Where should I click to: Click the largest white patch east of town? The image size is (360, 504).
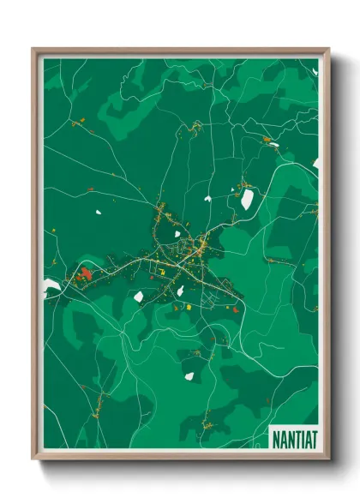point(247,200)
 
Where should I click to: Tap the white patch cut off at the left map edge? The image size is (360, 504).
point(50,285)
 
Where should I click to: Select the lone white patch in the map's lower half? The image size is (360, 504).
point(189,375)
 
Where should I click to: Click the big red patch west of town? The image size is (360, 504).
point(85,274)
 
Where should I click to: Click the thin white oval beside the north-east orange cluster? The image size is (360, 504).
point(273,146)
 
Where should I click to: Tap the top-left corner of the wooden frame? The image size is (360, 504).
point(33,49)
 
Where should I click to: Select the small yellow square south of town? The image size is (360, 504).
point(181,306)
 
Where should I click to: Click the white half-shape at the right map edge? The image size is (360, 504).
point(315,163)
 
